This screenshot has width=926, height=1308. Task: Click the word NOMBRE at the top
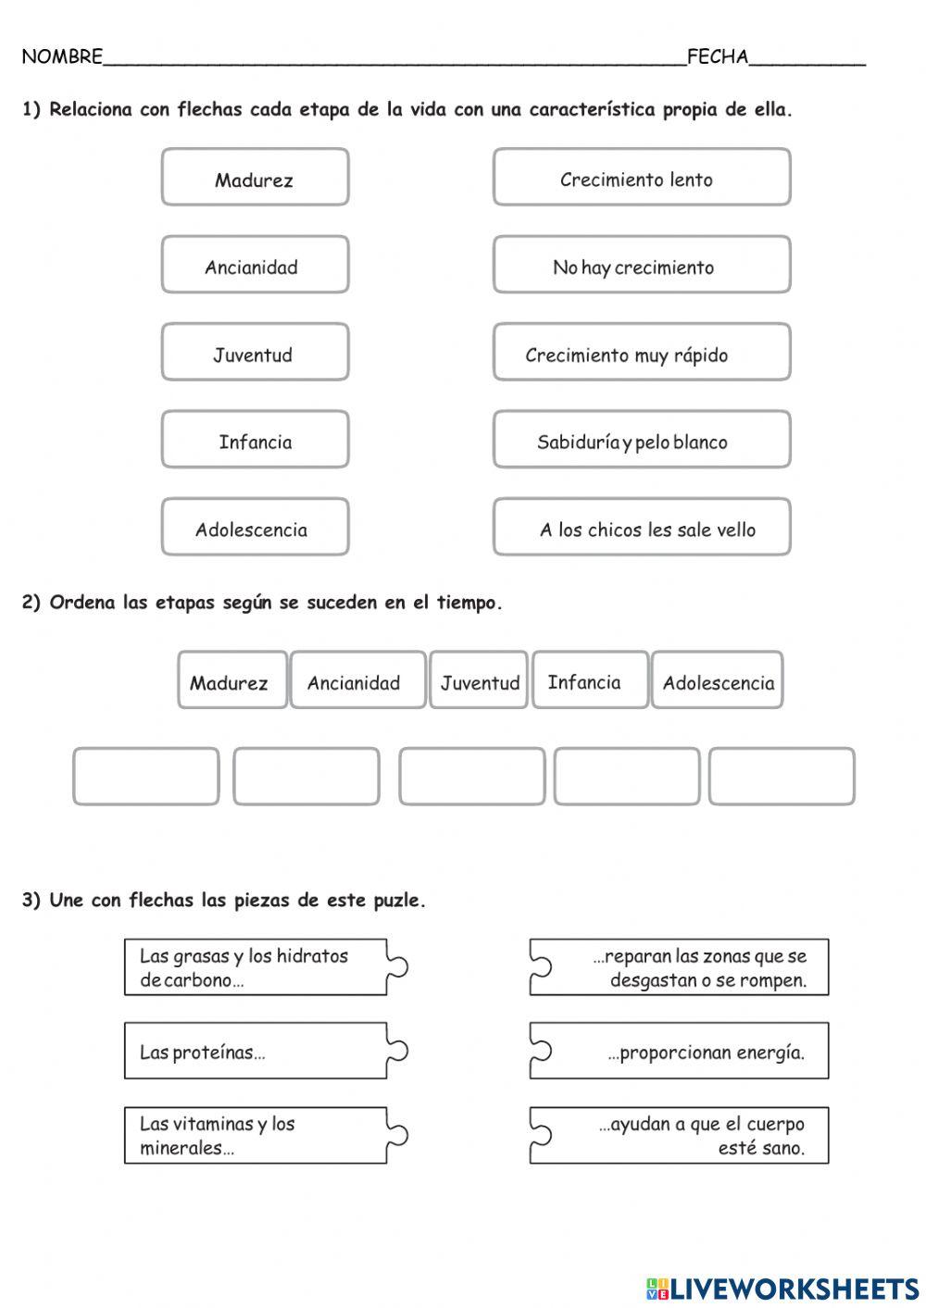(x=62, y=57)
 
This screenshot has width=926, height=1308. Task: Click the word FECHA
(x=718, y=57)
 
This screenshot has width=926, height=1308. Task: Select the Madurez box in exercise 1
(x=255, y=177)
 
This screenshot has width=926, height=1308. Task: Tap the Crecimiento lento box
(x=641, y=177)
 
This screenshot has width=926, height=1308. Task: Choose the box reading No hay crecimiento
(x=641, y=265)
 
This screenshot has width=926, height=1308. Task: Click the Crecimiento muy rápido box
(x=641, y=352)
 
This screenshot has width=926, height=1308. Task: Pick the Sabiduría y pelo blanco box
(x=641, y=440)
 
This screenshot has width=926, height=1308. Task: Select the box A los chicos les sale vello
(x=641, y=527)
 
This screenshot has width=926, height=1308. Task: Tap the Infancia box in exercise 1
(x=255, y=440)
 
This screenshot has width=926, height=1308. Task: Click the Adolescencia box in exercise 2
(x=718, y=680)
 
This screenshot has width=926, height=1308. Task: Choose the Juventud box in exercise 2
(x=479, y=680)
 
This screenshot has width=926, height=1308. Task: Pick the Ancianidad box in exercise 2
(x=357, y=680)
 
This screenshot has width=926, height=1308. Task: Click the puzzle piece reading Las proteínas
(x=256, y=1051)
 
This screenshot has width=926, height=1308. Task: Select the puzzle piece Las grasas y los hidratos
(x=256, y=967)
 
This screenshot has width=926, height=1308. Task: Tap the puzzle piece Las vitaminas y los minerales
(x=256, y=1135)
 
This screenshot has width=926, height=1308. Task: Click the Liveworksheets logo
(x=782, y=1288)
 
